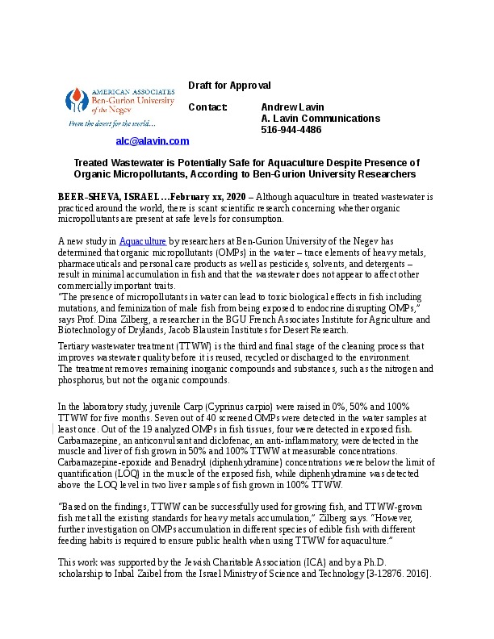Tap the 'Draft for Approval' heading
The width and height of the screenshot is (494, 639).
pyautogui.click(x=229, y=86)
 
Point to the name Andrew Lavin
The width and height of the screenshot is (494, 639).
pyautogui.click(x=291, y=107)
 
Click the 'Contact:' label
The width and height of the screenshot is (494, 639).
pyautogui.click(x=208, y=107)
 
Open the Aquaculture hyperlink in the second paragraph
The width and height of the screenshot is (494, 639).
pyautogui.click(x=143, y=241)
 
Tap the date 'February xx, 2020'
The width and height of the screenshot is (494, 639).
pyautogui.click(x=211, y=197)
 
